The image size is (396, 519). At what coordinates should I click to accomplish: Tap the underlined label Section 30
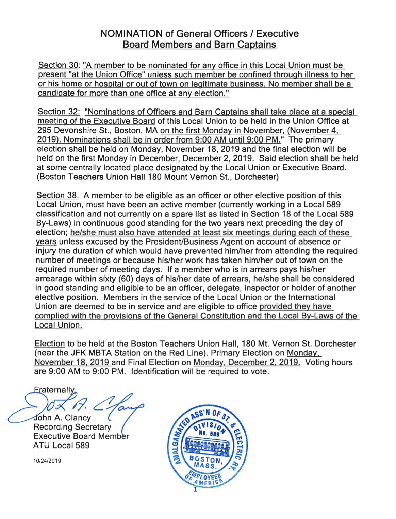[58, 65]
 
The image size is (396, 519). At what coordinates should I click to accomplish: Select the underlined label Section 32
[59, 112]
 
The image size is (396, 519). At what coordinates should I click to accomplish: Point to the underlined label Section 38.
[57, 195]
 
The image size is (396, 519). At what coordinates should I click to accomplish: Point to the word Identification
[155, 371]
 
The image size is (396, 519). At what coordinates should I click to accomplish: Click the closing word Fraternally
[54, 390]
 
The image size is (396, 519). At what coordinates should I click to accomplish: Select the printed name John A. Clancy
[62, 418]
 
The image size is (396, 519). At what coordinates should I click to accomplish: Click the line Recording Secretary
[72, 427]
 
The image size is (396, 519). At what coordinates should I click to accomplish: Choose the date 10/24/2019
[47, 461]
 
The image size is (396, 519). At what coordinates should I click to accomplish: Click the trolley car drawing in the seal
[207, 447]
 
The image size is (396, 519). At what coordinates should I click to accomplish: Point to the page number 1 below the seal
[195, 490]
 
